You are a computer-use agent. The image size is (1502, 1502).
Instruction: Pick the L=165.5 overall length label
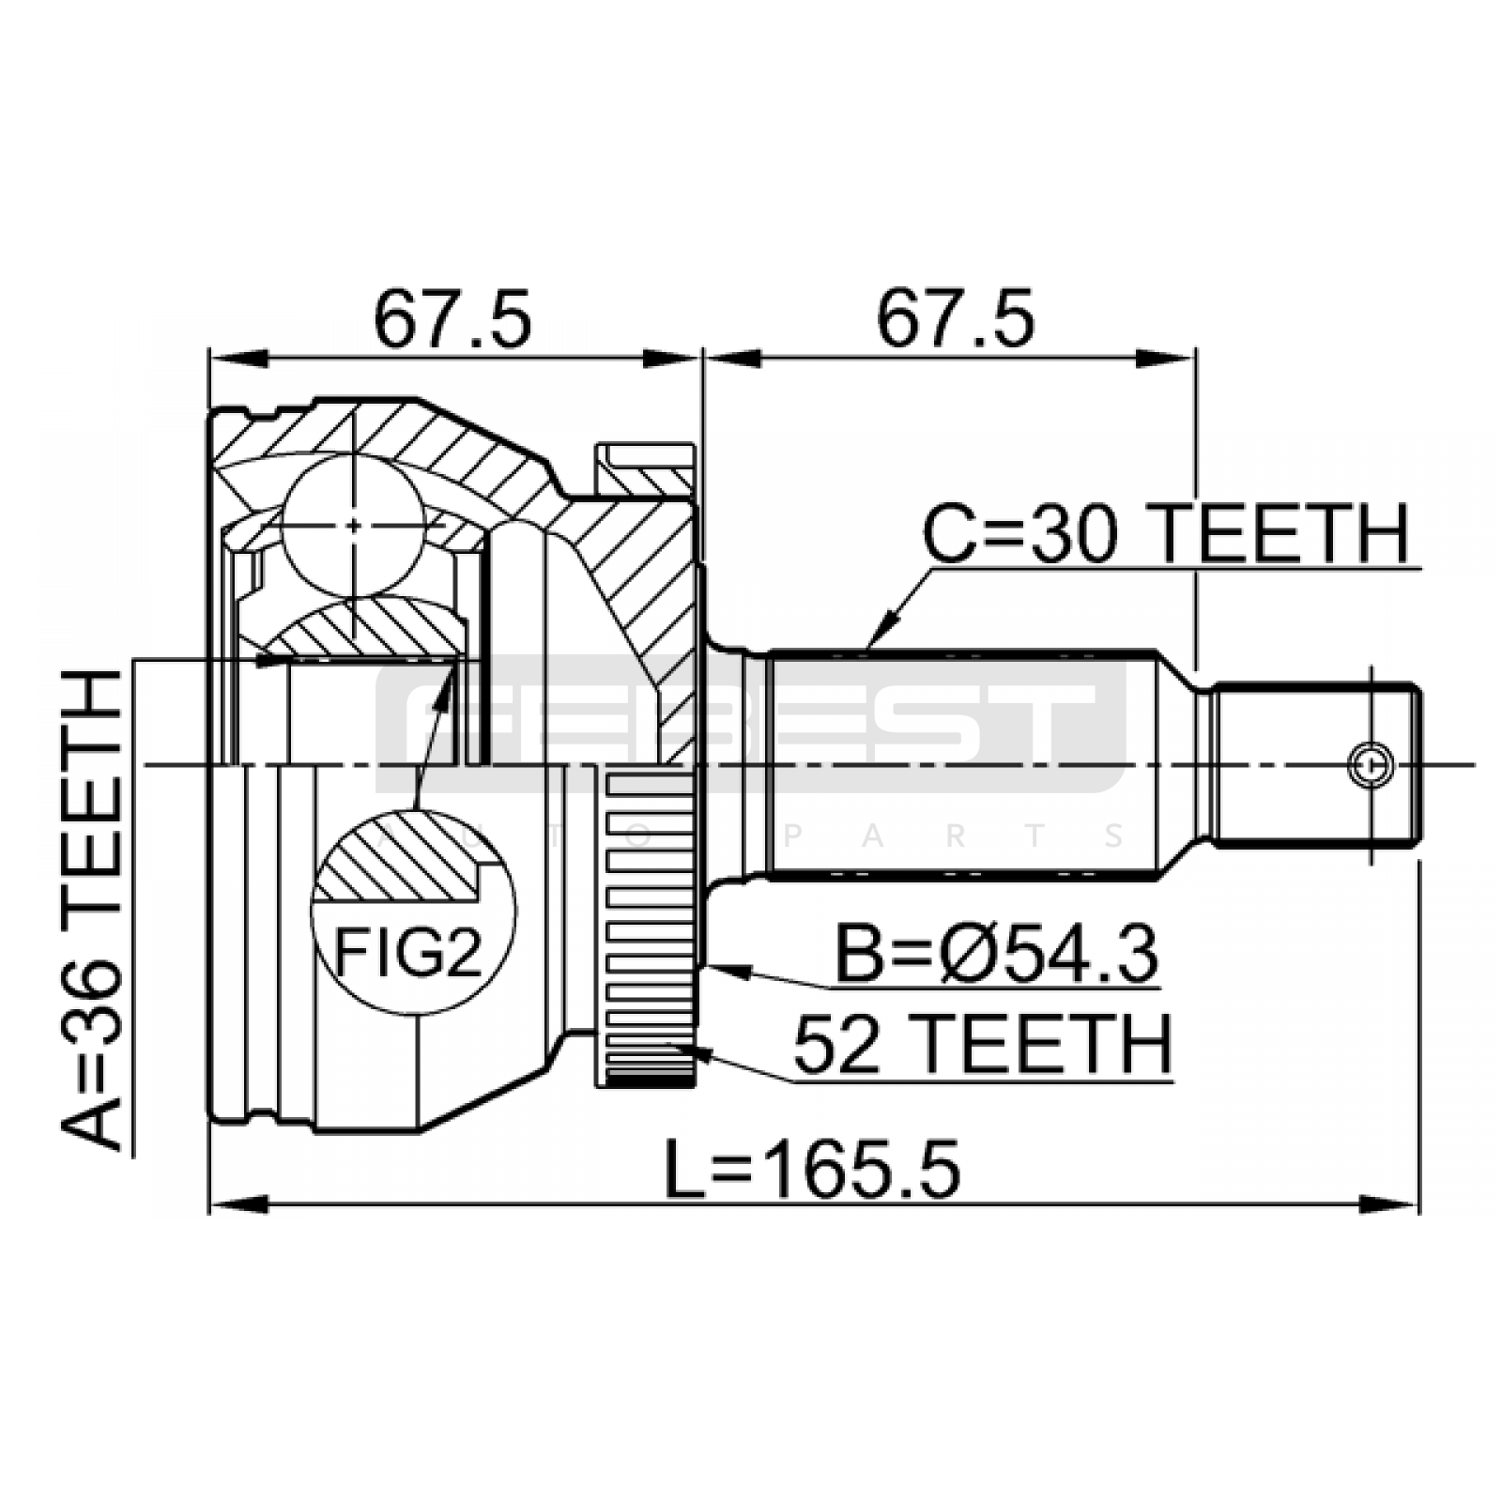coord(812,1170)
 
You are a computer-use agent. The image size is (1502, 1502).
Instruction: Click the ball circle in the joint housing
coord(353,526)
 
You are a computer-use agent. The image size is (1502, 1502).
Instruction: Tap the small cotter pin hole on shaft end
coord(1371,765)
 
